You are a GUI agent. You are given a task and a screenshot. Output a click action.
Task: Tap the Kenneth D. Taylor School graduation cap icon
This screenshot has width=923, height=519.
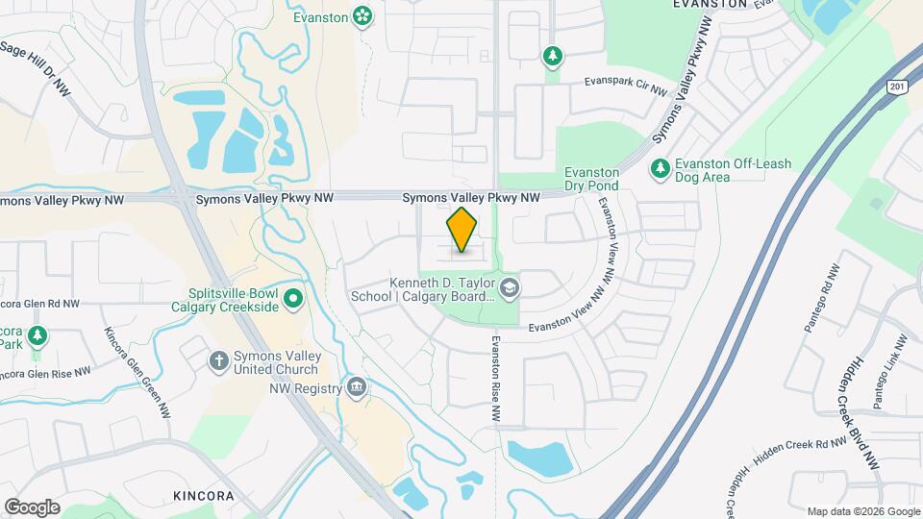tap(509, 286)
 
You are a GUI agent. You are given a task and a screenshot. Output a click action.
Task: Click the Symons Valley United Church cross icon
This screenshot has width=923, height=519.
tap(219, 361)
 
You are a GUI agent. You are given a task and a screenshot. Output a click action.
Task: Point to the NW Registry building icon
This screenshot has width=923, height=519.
tap(357, 387)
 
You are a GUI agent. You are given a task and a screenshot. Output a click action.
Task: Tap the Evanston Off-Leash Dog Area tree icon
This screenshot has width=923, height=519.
tap(660, 169)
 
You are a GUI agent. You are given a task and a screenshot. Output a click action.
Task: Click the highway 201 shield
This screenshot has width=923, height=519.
tap(896, 86)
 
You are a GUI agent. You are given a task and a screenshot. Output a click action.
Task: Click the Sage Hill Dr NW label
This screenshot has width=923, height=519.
tap(36, 67)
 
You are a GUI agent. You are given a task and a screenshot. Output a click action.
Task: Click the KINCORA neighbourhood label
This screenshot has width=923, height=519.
tap(204, 496)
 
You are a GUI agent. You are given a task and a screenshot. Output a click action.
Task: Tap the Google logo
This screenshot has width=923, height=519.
tap(32, 507)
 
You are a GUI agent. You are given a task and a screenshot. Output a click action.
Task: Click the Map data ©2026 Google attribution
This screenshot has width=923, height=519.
tap(862, 511)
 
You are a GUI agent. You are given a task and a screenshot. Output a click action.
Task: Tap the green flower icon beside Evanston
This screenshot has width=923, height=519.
tap(362, 15)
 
